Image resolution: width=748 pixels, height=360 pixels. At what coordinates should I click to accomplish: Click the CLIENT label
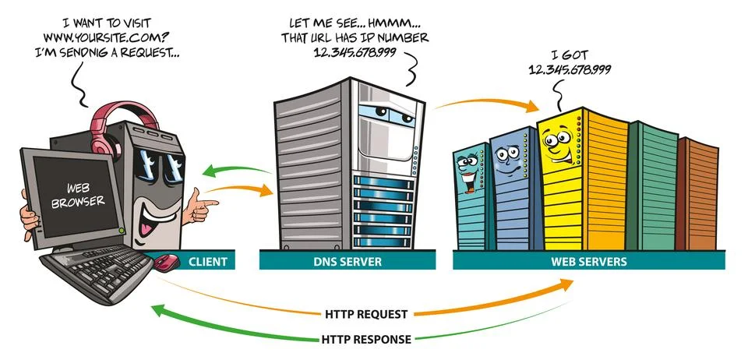[208, 262]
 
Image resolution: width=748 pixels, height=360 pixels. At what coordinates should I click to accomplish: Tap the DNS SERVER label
[348, 262]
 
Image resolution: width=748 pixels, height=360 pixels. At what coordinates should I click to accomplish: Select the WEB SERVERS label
[590, 262]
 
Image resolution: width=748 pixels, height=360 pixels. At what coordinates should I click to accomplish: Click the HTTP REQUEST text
[365, 314]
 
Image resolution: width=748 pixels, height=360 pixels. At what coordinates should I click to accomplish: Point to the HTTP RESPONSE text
[366, 339]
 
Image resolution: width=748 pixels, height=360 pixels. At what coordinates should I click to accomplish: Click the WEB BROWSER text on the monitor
[67, 195]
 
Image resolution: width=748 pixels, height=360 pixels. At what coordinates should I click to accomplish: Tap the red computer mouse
[166, 262]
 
